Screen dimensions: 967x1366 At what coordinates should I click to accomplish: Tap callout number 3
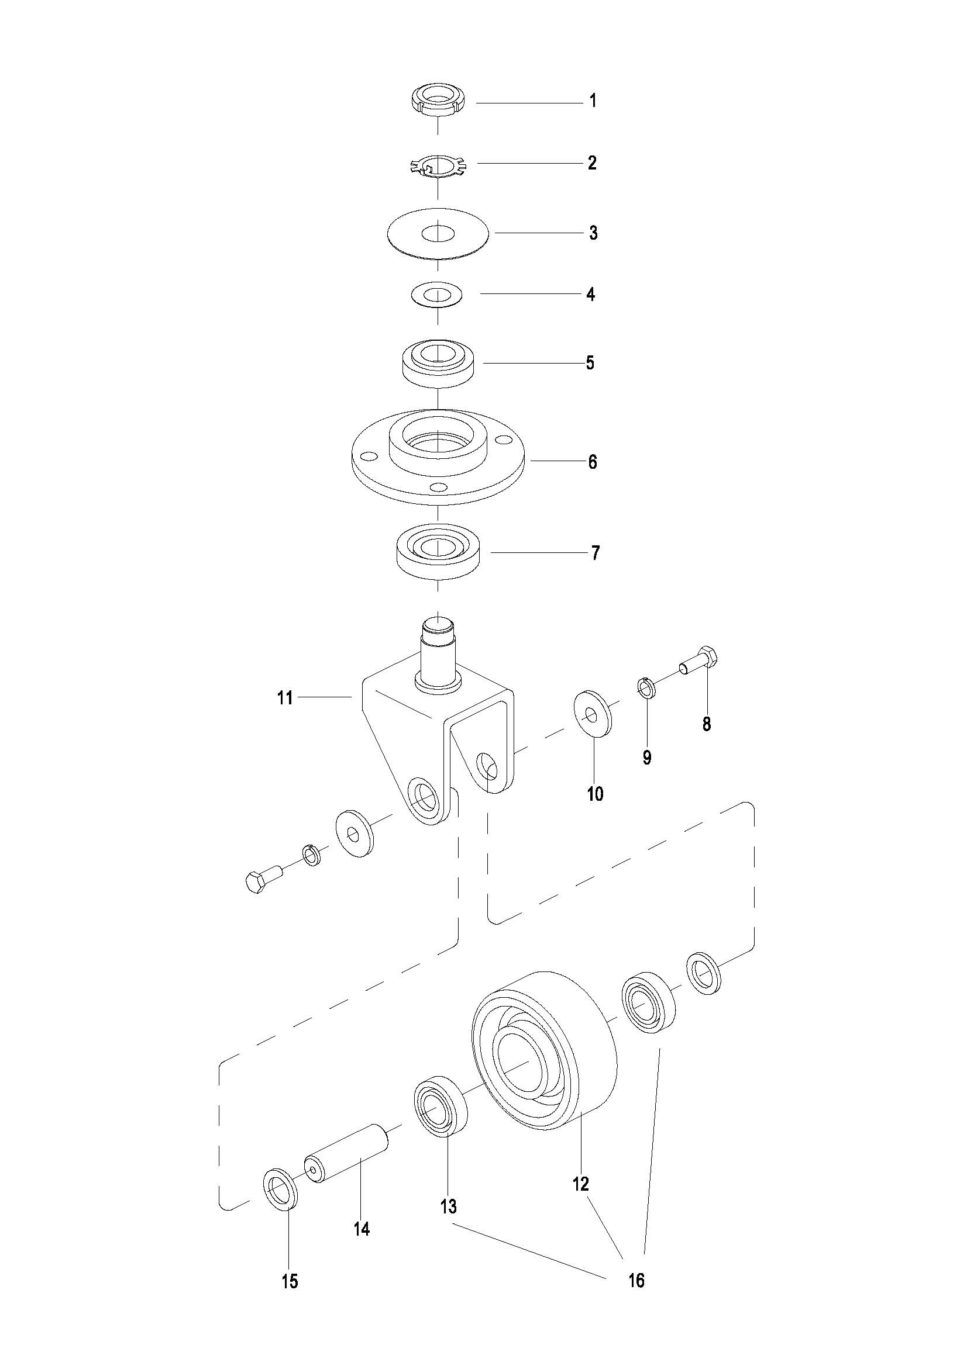tap(593, 233)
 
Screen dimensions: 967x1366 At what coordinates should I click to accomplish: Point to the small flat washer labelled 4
tap(438, 295)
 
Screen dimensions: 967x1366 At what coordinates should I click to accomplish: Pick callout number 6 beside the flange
tap(593, 462)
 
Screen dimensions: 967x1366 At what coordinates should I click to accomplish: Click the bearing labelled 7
tap(438, 552)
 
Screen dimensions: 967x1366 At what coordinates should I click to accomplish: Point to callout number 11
tap(285, 697)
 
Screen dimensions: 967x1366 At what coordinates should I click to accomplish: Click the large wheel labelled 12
tap(543, 1054)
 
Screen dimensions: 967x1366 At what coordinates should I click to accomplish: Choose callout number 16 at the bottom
tap(636, 1279)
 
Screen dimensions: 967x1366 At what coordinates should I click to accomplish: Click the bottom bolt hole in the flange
tap(439, 488)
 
